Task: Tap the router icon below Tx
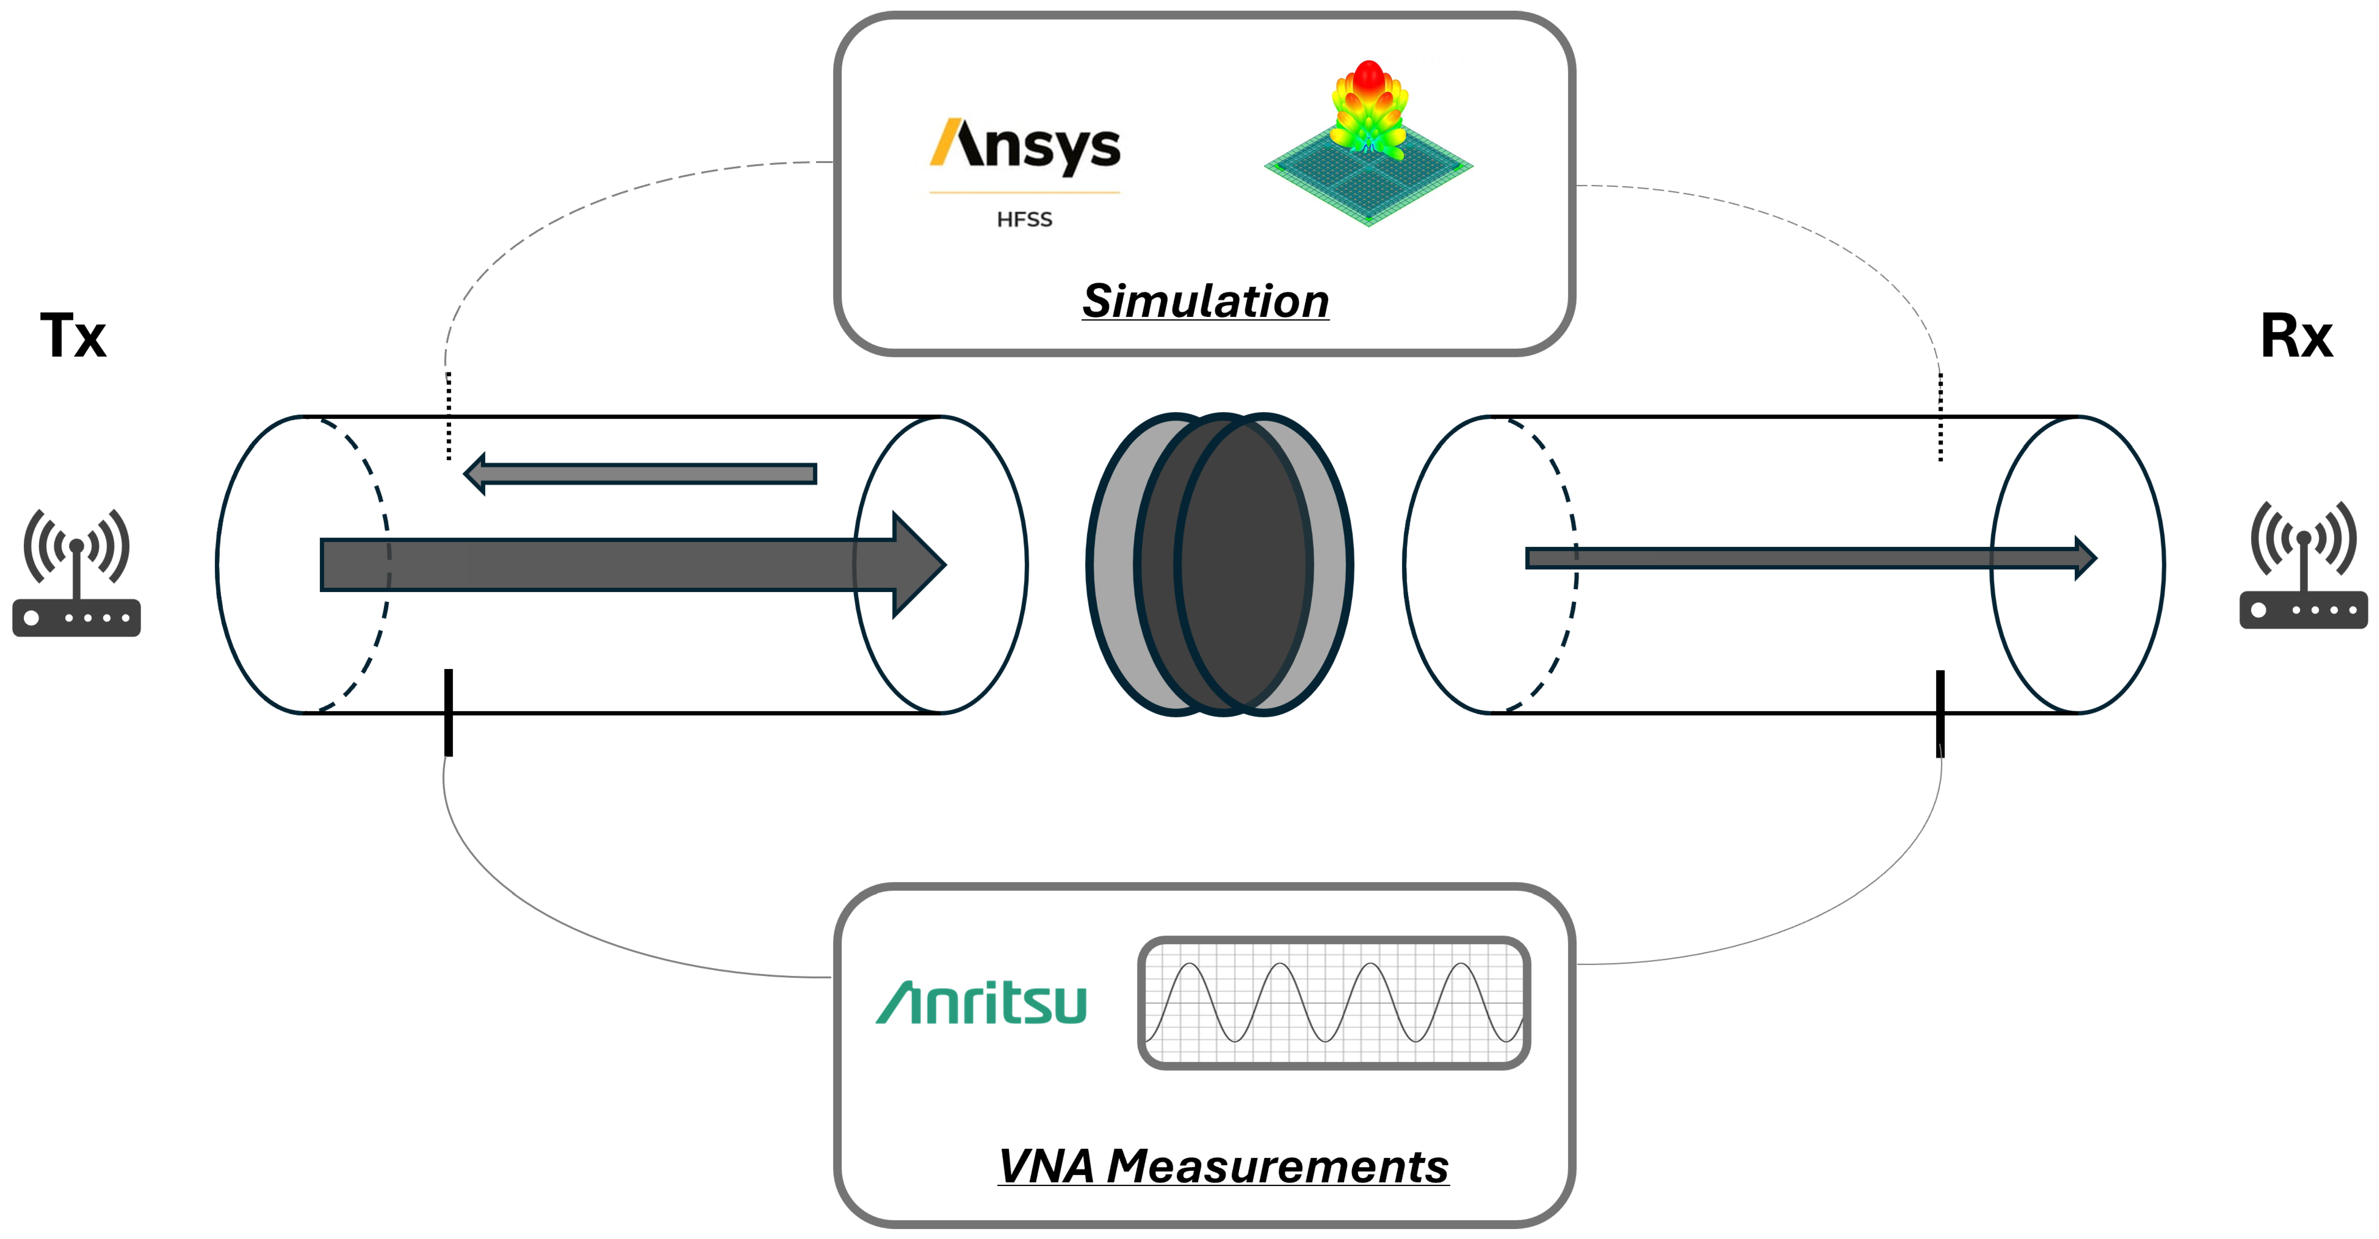(x=77, y=573)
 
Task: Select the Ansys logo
(x=1025, y=146)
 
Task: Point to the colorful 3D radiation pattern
(x=1369, y=138)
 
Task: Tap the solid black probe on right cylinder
(x=1940, y=713)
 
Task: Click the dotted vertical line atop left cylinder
(x=449, y=416)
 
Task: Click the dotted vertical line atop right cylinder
(x=1940, y=416)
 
